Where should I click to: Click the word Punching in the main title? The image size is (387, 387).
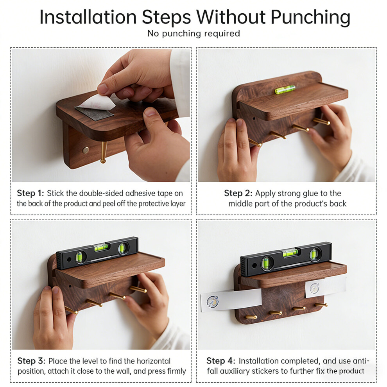click(310, 18)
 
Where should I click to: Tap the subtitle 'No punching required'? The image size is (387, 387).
click(193, 34)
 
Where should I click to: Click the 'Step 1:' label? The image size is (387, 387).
click(30, 193)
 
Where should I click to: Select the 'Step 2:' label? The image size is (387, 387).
click(238, 193)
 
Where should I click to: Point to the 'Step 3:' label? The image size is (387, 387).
click(31, 361)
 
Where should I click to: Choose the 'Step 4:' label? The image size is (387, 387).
click(221, 361)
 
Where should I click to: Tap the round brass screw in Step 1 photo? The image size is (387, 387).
click(86, 150)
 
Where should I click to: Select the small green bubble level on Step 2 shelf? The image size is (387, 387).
click(285, 90)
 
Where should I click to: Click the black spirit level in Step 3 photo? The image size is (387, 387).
click(97, 253)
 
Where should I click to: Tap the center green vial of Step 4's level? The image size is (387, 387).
click(290, 253)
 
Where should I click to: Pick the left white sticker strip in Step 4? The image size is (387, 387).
click(231, 301)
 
